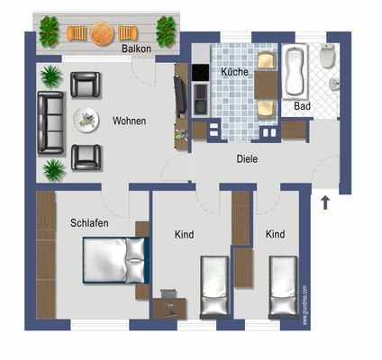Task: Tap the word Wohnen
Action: [130, 121]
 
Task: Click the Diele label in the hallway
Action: [248, 158]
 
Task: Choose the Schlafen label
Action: [88, 220]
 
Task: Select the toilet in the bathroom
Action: [328, 58]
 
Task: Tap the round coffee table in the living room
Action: [87, 118]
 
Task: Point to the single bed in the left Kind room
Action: [215, 286]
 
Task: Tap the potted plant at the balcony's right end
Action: [166, 32]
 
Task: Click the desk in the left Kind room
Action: [168, 305]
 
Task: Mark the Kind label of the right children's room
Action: [276, 234]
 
